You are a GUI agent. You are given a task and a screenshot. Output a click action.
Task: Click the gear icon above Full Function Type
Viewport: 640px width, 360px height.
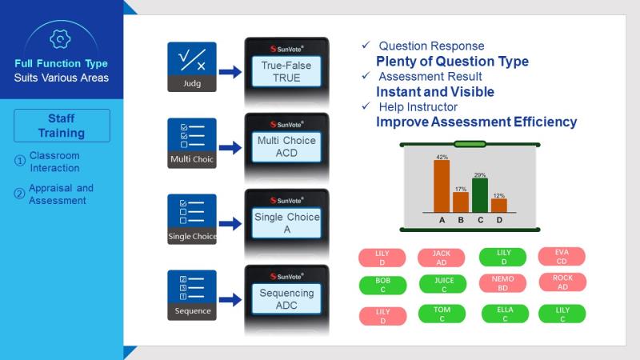(x=60, y=39)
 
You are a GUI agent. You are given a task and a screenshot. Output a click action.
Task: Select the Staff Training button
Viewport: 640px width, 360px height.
(x=62, y=126)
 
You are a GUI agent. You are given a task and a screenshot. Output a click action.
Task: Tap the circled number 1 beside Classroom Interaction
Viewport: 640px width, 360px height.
(x=19, y=161)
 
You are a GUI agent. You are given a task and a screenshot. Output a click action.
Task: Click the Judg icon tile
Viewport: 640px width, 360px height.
(x=192, y=67)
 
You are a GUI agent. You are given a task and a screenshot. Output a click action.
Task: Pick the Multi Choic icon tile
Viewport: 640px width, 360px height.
(x=192, y=143)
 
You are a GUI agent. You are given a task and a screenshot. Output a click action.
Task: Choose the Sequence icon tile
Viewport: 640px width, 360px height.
(x=192, y=295)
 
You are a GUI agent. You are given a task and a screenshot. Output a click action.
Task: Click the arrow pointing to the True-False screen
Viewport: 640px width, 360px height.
(x=230, y=72)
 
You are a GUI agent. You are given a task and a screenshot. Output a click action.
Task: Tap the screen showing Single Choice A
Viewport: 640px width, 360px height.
(x=286, y=223)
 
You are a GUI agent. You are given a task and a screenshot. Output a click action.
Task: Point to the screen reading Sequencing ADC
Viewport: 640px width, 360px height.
(x=286, y=299)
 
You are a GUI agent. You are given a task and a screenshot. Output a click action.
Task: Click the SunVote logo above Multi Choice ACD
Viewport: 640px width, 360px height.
(x=286, y=125)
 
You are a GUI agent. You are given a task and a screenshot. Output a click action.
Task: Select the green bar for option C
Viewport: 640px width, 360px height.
(x=480, y=195)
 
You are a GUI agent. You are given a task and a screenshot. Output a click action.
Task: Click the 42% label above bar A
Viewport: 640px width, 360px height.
(x=442, y=157)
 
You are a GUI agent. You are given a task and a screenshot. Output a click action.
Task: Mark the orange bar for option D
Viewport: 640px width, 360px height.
(x=499, y=206)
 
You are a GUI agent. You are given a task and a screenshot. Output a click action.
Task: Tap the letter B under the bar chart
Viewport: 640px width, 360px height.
(x=461, y=220)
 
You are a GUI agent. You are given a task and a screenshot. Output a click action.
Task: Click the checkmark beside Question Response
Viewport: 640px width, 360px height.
(x=366, y=45)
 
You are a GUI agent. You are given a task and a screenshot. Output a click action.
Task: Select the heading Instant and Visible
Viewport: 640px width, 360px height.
(x=435, y=92)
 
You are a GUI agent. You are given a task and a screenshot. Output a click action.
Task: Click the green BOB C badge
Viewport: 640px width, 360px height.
(x=383, y=285)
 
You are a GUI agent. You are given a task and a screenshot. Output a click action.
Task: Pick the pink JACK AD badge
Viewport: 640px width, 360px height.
(x=442, y=258)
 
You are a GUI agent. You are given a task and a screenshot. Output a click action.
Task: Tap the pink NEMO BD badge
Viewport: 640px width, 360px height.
(x=502, y=283)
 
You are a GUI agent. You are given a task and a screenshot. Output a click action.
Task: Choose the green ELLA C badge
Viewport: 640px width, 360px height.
(x=505, y=314)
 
